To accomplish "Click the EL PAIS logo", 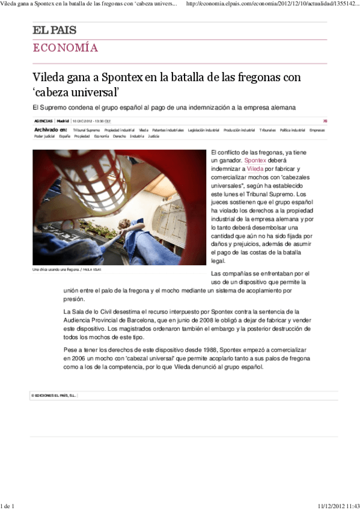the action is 55,31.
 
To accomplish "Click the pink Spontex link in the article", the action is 255,162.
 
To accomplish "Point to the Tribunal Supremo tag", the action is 87,130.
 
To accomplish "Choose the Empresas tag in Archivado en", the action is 317,130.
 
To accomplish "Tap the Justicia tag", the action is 153,137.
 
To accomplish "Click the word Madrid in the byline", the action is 63,121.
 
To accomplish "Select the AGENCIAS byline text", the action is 43,121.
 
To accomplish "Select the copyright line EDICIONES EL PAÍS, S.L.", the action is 54,396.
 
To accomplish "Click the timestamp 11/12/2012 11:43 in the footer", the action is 337,506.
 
